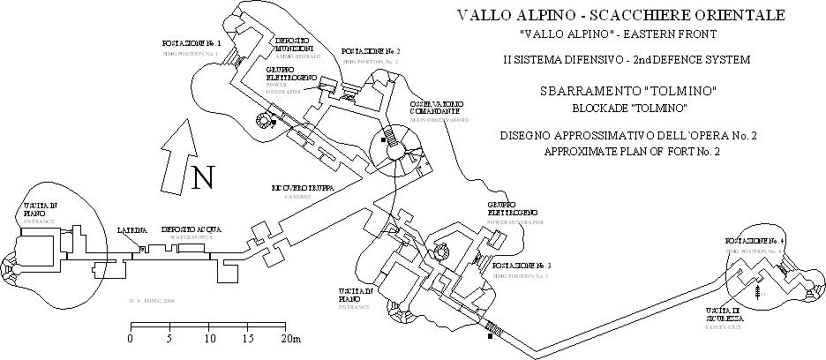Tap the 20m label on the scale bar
[291, 339]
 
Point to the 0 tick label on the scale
[131, 339]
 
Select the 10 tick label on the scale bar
[209, 339]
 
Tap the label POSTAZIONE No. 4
[755, 241]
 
